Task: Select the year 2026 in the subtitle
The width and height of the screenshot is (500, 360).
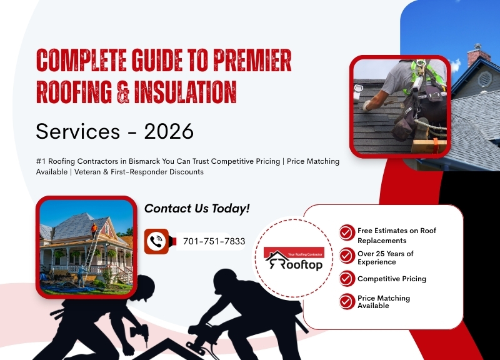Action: [169, 131]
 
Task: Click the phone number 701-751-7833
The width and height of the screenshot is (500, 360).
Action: [214, 241]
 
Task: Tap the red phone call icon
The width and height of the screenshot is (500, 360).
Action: [156, 241]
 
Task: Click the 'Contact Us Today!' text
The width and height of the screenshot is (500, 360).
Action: [197, 209]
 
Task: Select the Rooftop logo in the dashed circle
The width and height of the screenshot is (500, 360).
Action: [294, 258]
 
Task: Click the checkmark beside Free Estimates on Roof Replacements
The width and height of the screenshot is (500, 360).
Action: [347, 233]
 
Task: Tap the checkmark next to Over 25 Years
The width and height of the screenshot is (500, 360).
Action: [347, 256]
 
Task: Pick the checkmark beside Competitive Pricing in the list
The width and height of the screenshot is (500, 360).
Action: [347, 279]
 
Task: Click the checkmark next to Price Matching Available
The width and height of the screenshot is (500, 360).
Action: [347, 301]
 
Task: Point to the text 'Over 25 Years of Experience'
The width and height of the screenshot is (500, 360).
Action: [385, 258]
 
